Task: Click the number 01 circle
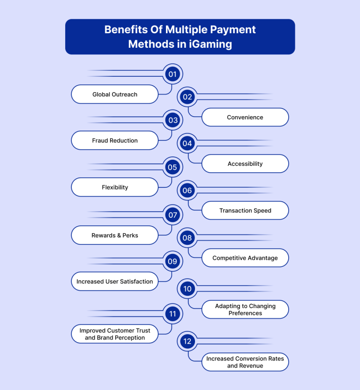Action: [172, 74]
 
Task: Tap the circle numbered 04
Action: [187, 143]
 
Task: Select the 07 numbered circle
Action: [172, 215]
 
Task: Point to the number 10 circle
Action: [187, 289]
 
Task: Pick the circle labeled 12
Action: [187, 341]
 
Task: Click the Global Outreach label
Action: [115, 94]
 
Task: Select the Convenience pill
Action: [245, 117]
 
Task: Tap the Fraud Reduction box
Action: [115, 140]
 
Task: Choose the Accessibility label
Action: [245, 164]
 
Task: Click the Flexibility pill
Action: [115, 187]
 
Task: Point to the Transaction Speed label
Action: [245, 210]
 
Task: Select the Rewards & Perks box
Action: [115, 235]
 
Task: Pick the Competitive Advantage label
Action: [245, 258]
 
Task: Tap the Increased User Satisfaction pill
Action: [115, 281]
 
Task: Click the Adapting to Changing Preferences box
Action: [245, 309]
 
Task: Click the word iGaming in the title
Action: [210, 44]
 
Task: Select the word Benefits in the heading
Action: [126, 29]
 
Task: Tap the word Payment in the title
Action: [233, 30]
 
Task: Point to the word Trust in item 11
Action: [143, 331]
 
